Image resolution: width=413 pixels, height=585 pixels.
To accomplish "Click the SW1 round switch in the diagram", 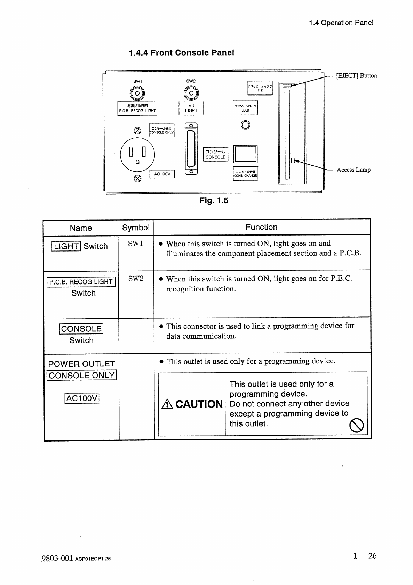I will click(x=137, y=93).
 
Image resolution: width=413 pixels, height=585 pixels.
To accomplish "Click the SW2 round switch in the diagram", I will click(x=191, y=93).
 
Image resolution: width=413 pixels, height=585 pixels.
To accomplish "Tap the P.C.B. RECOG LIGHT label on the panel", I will click(x=137, y=108).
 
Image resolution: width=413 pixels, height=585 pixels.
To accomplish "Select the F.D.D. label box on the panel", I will click(x=260, y=88).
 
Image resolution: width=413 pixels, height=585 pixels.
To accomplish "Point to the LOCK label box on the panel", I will click(x=245, y=108).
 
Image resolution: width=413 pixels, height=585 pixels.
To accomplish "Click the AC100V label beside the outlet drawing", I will click(x=162, y=174).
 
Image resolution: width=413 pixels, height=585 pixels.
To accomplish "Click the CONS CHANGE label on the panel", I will click(x=245, y=174).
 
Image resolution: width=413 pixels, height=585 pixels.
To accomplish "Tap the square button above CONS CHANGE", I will click(x=245, y=154).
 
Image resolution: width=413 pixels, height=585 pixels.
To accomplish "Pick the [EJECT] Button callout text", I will click(x=356, y=76).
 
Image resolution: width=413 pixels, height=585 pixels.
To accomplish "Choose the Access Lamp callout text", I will click(x=354, y=170).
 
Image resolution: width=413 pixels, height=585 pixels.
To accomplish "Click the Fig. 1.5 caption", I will click(x=214, y=201).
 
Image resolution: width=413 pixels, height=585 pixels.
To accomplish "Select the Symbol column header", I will click(x=136, y=228).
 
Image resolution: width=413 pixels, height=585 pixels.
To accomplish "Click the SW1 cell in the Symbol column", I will click(x=135, y=244).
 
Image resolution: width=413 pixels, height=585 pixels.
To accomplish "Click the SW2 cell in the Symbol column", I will click(x=136, y=279).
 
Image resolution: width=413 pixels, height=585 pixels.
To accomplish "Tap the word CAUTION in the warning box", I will click(x=199, y=404).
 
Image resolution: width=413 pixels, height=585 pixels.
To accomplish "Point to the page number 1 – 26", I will click(x=365, y=556).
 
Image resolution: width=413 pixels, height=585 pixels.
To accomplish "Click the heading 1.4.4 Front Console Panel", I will click(x=181, y=53).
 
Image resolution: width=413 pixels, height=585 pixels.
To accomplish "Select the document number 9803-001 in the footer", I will click(x=57, y=558).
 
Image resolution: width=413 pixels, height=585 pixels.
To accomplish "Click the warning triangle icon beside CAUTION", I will click(x=167, y=404).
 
